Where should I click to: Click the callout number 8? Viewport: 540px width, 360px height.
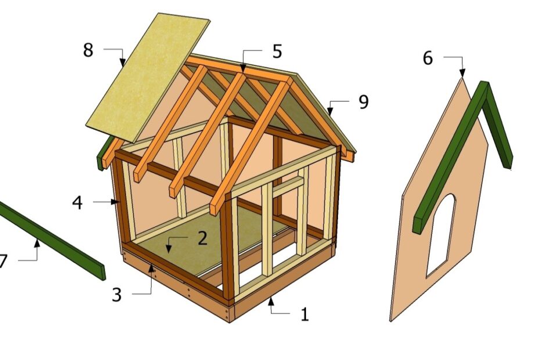(x=88, y=51)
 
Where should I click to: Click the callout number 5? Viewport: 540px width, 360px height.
(x=277, y=52)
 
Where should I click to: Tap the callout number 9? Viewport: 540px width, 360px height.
(x=363, y=102)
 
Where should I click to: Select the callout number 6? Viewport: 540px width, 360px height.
(x=427, y=59)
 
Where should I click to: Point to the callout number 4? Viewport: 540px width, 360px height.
(x=77, y=203)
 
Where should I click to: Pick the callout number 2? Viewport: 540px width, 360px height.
(x=202, y=238)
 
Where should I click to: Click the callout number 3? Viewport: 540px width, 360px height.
(x=117, y=294)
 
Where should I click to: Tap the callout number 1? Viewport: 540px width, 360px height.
(x=304, y=315)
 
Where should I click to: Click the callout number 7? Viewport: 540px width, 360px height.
(x=3, y=261)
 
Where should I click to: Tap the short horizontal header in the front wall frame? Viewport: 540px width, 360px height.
(x=289, y=185)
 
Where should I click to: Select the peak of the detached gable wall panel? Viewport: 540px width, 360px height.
(x=462, y=78)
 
